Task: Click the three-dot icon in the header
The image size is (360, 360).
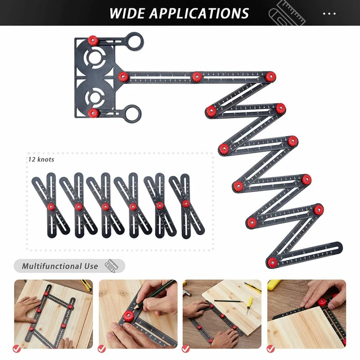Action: click(330, 13)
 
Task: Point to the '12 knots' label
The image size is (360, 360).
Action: click(42, 160)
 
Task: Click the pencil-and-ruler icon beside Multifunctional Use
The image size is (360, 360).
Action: click(113, 265)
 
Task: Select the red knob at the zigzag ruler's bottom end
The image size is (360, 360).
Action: click(272, 260)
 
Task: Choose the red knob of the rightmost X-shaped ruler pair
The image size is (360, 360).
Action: click(186, 204)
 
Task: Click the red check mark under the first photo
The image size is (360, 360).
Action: click(17, 348)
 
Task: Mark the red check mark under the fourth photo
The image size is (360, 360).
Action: click(271, 348)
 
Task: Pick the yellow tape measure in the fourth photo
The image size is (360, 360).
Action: click(274, 285)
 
